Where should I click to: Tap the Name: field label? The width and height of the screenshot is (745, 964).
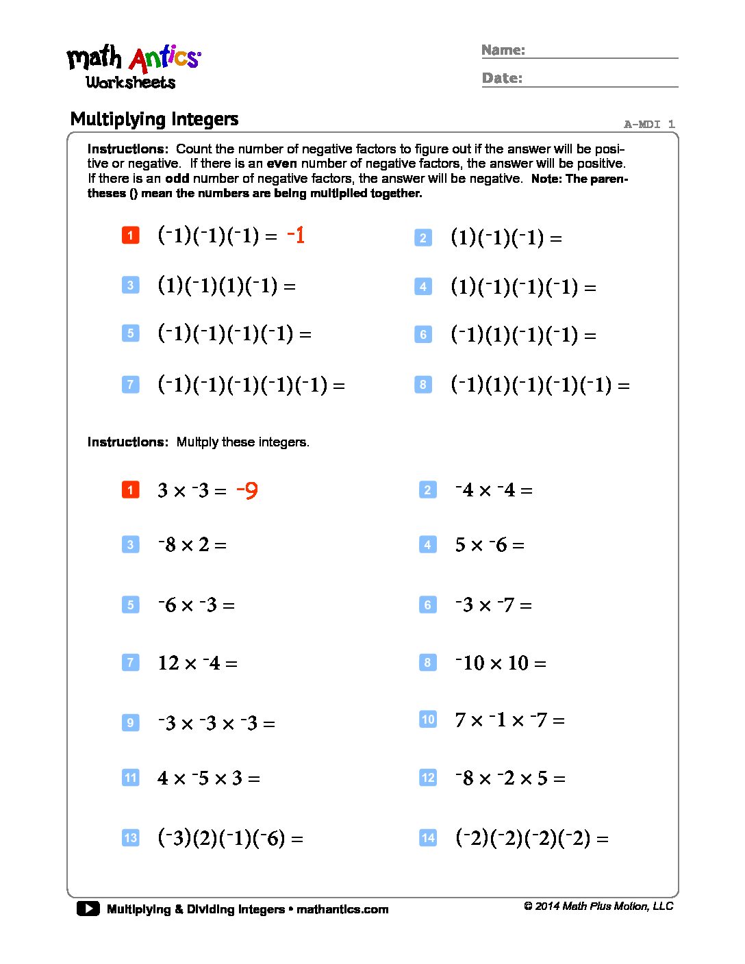[x=503, y=50]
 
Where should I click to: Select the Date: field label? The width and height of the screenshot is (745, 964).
[x=502, y=78]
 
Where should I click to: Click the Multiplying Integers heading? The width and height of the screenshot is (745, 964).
[x=154, y=119]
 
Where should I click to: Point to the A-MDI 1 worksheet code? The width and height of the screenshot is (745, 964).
[x=649, y=124]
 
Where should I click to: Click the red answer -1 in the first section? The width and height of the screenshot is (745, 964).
[x=296, y=236]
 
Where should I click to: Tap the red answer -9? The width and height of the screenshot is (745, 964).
[x=247, y=490]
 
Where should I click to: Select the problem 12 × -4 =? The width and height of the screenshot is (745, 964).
[x=197, y=663]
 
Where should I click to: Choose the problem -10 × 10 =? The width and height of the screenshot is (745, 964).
[x=501, y=663]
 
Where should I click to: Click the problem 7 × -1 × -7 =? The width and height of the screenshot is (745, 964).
[x=509, y=720]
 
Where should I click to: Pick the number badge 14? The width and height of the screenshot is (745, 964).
[x=428, y=838]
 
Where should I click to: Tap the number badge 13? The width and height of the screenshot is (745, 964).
[x=130, y=838]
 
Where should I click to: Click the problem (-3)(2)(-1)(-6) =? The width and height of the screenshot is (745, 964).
[x=230, y=838]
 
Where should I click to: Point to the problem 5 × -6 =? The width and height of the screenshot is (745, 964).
[x=490, y=545]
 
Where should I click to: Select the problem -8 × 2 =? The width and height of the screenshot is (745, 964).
[x=192, y=545]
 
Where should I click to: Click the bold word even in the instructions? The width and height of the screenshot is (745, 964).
[x=281, y=164]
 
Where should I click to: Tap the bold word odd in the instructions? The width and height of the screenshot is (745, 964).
[x=177, y=179]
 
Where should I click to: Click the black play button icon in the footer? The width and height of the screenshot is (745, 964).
[x=88, y=909]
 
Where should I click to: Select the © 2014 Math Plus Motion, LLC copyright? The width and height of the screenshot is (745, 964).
[x=598, y=906]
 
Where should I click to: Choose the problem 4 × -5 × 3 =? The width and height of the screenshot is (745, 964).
[x=208, y=778]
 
